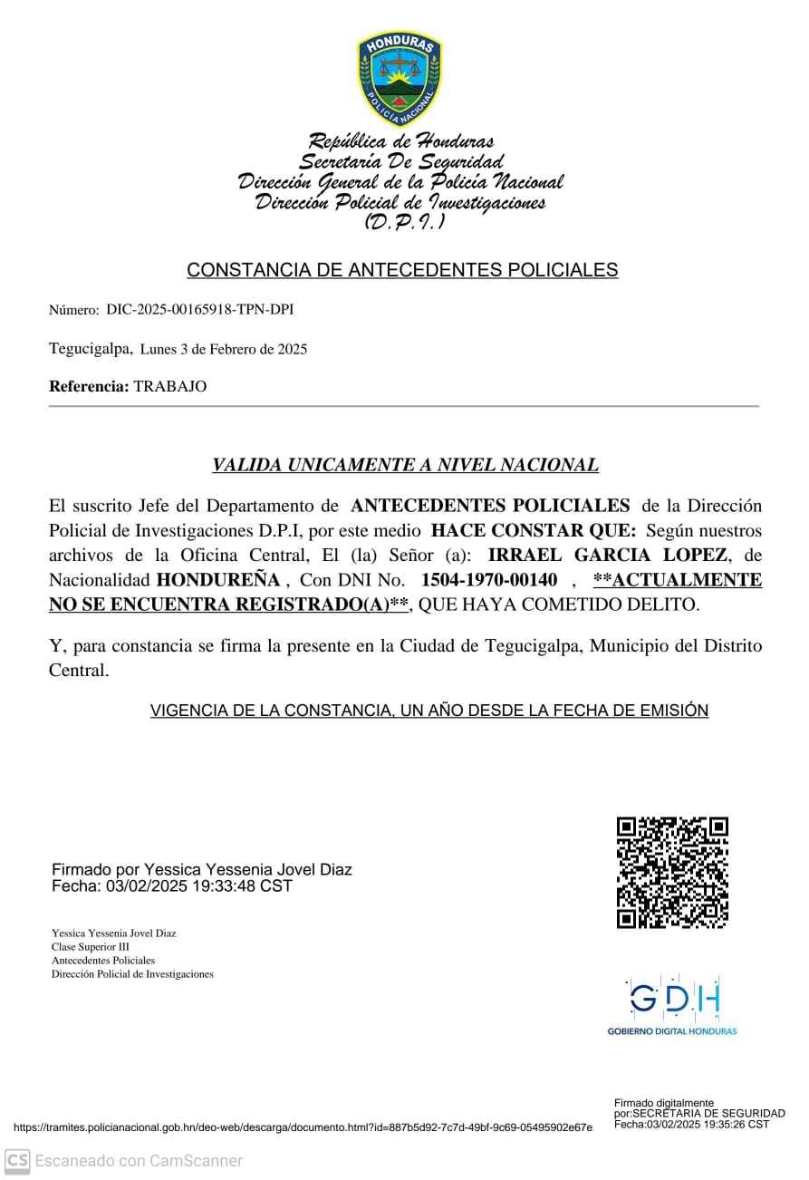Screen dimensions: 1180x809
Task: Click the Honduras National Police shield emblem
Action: click(x=399, y=78)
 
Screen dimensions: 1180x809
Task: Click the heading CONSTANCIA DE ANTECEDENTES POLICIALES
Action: click(x=402, y=270)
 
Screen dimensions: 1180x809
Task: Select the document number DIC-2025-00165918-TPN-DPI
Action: click(x=199, y=310)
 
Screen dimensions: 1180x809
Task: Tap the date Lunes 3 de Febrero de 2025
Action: click(x=224, y=349)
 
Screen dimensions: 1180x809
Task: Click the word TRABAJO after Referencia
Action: click(x=170, y=387)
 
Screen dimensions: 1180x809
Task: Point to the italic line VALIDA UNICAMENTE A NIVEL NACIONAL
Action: click(x=405, y=465)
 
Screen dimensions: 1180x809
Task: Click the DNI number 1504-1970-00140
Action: click(x=489, y=579)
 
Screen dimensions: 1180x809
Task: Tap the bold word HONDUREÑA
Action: click(x=218, y=579)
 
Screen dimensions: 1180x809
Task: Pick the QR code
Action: click(x=672, y=873)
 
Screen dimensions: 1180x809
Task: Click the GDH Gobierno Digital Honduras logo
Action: click(x=672, y=1005)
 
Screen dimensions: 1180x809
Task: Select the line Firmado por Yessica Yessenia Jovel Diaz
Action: click(x=202, y=870)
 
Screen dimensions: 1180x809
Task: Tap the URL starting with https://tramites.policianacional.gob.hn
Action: click(x=303, y=1127)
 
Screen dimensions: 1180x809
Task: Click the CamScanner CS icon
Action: click(x=17, y=1160)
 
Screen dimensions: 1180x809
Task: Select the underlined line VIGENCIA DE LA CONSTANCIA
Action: click(x=429, y=711)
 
